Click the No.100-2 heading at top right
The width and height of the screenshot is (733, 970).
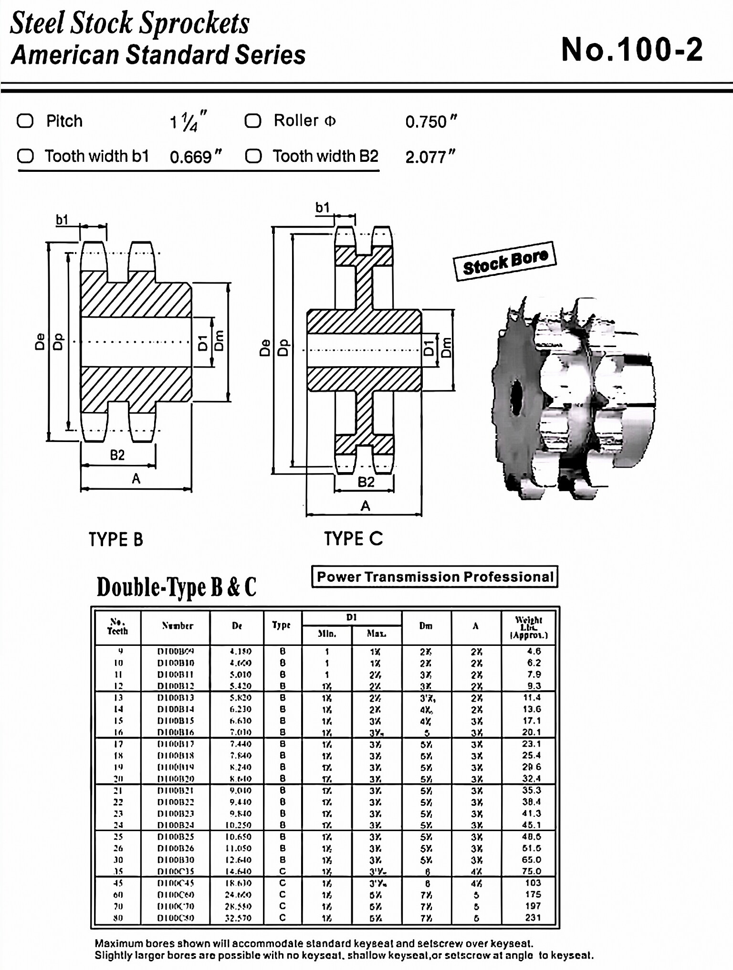631,50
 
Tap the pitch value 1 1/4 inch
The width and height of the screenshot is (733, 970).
188,122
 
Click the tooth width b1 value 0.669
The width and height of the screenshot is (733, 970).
195,157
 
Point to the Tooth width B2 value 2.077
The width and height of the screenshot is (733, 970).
429,157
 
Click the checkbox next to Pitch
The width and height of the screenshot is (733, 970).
25,121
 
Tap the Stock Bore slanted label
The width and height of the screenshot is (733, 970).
505,261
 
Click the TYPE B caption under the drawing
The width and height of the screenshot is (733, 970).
115,539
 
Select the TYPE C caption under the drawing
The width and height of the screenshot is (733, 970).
353,538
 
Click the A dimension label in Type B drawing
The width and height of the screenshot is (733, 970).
136,478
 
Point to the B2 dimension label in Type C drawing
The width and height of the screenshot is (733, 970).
366,482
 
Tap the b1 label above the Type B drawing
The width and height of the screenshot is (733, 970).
62,220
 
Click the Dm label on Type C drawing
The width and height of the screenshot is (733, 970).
446,348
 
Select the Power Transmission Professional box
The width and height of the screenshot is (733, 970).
434,577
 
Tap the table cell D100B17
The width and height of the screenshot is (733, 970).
176,744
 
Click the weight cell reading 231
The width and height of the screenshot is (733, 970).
533,917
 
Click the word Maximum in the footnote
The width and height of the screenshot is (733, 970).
119,943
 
